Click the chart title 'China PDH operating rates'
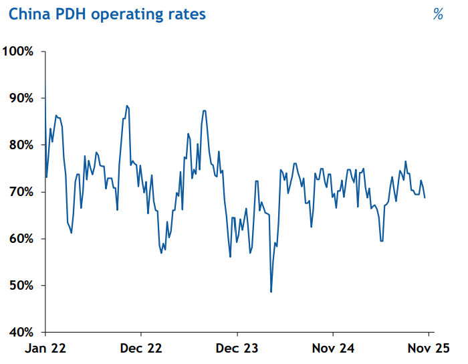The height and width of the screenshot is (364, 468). (x=107, y=14)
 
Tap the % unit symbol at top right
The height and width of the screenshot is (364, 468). (x=438, y=14)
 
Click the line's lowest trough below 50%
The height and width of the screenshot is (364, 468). (x=271, y=292)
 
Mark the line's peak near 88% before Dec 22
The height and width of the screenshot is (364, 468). (x=126, y=106)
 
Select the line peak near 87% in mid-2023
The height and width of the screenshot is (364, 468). (x=204, y=110)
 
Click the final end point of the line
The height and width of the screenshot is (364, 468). (x=425, y=197)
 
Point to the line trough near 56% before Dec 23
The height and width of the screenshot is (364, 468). (x=230, y=256)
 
